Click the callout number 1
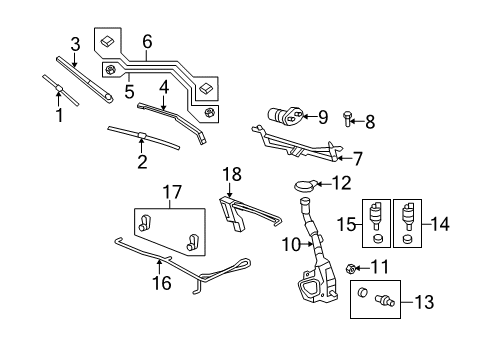[58, 116]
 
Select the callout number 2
[142, 159]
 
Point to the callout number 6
[146, 42]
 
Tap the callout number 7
[346, 157]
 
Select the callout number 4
[231, 175]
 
